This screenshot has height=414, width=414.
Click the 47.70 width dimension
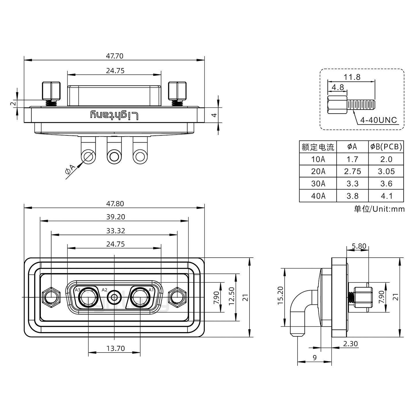114,56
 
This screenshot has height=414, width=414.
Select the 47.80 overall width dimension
115,204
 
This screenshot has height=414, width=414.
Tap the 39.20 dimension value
116,217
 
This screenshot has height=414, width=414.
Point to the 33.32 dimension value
116,231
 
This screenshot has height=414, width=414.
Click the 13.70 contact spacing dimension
116,348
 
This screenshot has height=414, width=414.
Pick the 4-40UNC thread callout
378,120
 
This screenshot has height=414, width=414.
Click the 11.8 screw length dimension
352,77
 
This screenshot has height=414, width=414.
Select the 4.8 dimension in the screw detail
338,87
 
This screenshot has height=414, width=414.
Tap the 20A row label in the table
318,171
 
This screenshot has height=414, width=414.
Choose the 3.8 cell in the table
352,196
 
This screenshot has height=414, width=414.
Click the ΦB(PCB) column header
386,147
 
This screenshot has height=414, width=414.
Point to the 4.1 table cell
386,196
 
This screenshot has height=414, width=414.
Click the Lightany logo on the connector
114,115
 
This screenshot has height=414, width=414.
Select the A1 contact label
151,290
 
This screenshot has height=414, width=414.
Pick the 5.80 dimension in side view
359,246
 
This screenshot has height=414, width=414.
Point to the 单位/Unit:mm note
379,209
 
